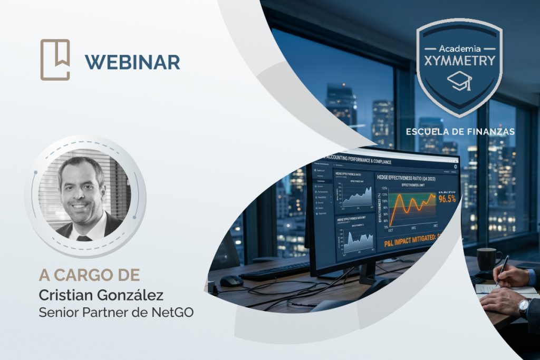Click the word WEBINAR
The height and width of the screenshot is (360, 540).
click(x=132, y=62)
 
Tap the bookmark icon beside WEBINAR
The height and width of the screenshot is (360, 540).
click(x=55, y=60)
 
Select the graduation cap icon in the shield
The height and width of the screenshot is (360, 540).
click(x=459, y=82)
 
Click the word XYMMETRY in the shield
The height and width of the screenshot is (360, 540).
click(x=459, y=60)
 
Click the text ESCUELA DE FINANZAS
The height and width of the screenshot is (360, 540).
click(x=460, y=131)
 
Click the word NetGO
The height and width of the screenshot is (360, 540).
click(x=172, y=312)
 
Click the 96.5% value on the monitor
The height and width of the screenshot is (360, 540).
click(x=447, y=199)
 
